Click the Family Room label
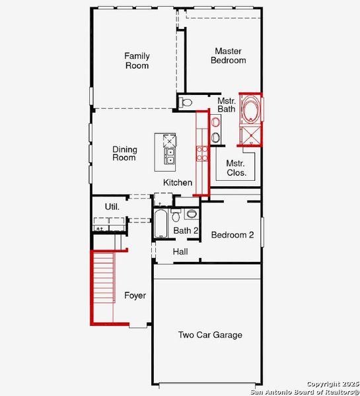tap(137, 61)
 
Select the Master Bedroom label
tap(228, 56)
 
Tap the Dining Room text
tap(124, 153)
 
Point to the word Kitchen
tap(178, 183)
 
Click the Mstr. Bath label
tap(227, 105)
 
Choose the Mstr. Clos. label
tap(236, 168)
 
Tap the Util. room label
tap(112, 207)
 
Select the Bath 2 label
tap(186, 230)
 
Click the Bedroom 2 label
tap(233, 235)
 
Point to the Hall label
tap(180, 252)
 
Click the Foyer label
tap(135, 296)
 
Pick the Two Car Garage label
tap(210, 335)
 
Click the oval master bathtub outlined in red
tap(250, 110)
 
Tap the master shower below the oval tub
tap(250, 135)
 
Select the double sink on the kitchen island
tap(170, 156)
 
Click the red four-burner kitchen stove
tap(202, 154)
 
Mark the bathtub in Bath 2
tap(161, 224)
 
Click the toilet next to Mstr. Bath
tap(186, 102)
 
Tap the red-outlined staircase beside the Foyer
tap(103, 289)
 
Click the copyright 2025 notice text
tap(332, 383)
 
